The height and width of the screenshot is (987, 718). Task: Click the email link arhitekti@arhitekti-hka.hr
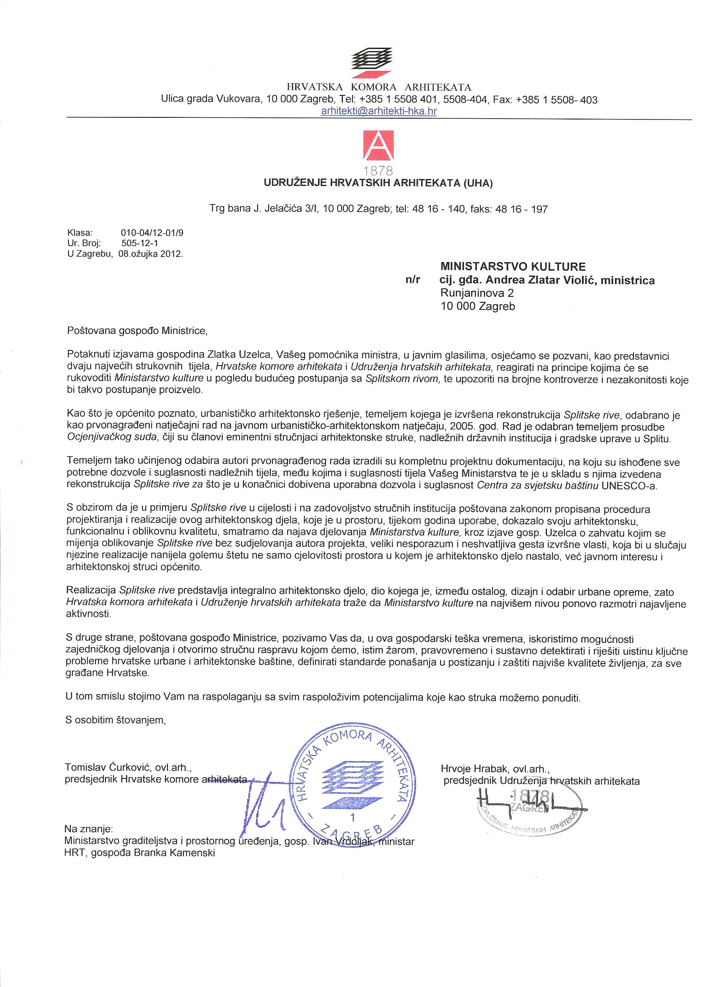click(x=378, y=111)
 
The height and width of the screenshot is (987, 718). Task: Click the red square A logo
click(x=378, y=145)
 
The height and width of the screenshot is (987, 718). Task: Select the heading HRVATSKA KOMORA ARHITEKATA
click(x=378, y=87)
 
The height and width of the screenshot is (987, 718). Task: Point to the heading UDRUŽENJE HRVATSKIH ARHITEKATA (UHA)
click(x=378, y=183)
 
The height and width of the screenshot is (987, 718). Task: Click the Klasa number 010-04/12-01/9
click(x=152, y=233)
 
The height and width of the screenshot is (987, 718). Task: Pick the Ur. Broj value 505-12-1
click(x=140, y=243)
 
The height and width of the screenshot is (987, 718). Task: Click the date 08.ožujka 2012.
click(x=151, y=254)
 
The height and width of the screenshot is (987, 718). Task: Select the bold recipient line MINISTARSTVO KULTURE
click(x=513, y=266)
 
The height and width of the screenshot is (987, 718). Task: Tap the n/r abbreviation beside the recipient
click(x=412, y=280)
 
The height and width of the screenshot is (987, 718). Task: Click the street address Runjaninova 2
click(x=477, y=293)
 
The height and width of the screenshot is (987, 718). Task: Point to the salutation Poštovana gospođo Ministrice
click(x=137, y=331)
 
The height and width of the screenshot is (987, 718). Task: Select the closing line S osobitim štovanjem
click(x=115, y=720)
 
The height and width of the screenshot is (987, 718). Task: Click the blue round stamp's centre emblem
click(x=352, y=786)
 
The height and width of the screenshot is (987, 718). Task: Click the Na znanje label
click(x=88, y=829)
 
